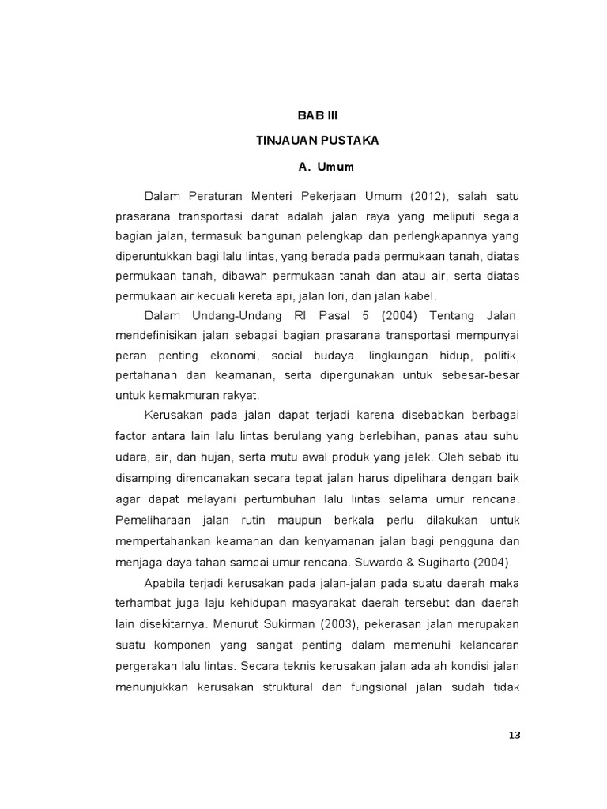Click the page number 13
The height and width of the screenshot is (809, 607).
515,735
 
